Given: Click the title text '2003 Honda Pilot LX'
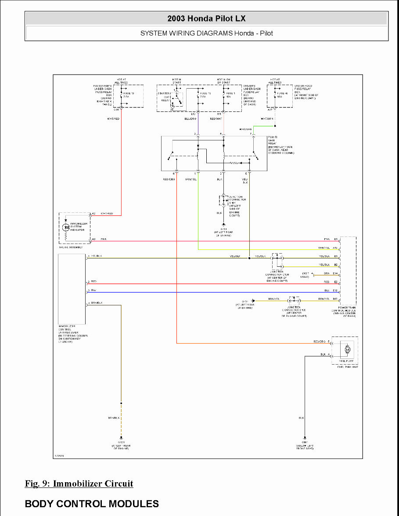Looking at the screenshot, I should (x=206, y=18).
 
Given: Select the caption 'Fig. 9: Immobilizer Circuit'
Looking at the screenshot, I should (x=79, y=484).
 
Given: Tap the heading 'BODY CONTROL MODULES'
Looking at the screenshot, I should (x=92, y=504).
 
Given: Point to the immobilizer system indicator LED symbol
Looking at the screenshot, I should (x=66, y=227).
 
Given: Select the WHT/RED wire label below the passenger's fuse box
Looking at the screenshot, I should (x=113, y=119).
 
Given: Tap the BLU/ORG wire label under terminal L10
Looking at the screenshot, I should (x=190, y=119).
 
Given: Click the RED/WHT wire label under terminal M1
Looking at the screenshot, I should (x=216, y=119).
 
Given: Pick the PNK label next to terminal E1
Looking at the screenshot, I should (x=327, y=240).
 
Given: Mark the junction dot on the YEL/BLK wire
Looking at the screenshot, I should (x=249, y=258).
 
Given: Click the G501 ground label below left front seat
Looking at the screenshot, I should (x=305, y=443).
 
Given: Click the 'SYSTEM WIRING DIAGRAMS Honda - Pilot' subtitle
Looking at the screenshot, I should (x=206, y=33).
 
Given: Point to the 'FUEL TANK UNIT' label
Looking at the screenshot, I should (x=348, y=367).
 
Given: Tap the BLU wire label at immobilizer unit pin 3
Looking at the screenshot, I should (x=93, y=290).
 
